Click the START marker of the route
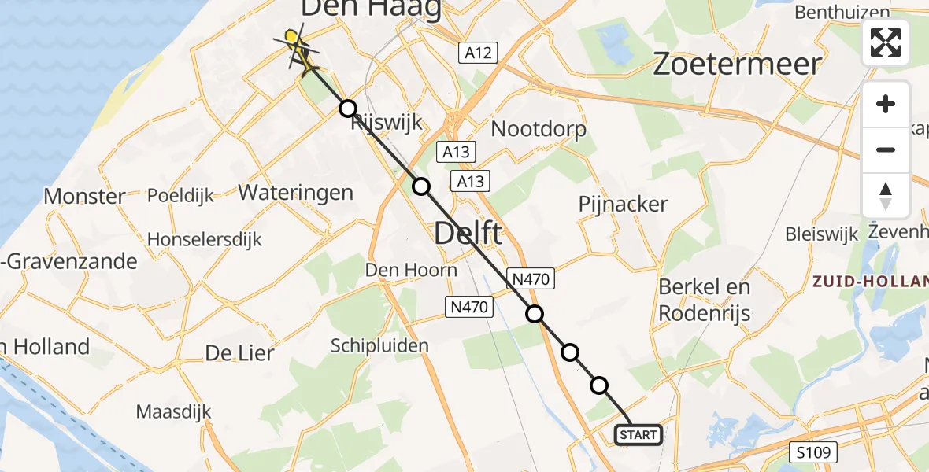[x=638, y=434]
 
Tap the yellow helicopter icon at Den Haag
[x=294, y=44]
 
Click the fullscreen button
[x=886, y=42]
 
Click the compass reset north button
[x=886, y=196]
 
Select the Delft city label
[x=468, y=233]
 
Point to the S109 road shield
[x=814, y=452]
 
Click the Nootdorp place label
[x=539, y=128]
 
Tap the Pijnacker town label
[x=623, y=204]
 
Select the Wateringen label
[x=295, y=192]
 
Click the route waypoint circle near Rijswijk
[x=347, y=109]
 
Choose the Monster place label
[x=84, y=196]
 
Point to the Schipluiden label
[x=379, y=345]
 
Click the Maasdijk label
[x=170, y=411]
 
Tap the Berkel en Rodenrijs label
[x=704, y=300]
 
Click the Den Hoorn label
[x=410, y=270]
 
